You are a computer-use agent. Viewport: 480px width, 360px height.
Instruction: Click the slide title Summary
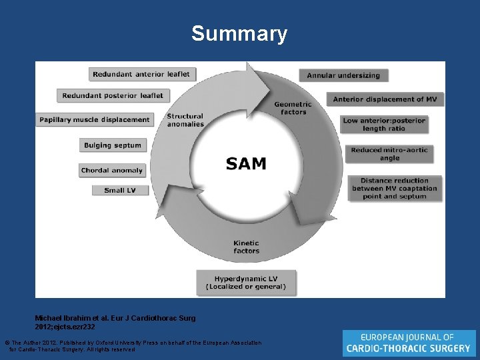coord(239,33)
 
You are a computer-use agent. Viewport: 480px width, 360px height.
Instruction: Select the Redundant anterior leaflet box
coord(141,74)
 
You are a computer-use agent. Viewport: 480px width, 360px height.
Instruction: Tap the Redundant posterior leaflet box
coord(113,95)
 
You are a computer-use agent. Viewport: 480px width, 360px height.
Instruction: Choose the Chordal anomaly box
coord(112,171)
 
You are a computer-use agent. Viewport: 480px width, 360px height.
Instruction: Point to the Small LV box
coord(120,191)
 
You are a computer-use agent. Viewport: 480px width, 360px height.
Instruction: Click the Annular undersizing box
coord(343,75)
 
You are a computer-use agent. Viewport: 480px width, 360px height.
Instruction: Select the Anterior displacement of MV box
coord(384,99)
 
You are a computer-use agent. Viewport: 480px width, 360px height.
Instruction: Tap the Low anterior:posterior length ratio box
coord(383,125)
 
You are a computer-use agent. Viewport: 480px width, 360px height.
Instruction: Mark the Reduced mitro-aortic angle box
coord(389,153)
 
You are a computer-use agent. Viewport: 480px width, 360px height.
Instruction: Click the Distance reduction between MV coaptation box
coord(395,189)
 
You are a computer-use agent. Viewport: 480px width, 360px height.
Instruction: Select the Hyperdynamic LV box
coord(246,283)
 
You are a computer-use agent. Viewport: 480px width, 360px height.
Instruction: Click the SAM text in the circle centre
coord(245,164)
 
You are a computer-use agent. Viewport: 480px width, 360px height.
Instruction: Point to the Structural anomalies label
coord(185,120)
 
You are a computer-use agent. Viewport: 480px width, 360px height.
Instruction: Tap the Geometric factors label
coord(293,108)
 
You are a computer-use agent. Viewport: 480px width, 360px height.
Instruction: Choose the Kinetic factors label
coord(246,247)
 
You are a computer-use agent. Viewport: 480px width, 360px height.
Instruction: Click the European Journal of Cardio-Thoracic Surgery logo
coord(409,343)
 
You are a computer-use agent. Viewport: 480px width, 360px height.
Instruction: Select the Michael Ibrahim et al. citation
coord(115,322)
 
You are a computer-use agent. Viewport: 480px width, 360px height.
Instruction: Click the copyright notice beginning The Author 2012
coord(133,345)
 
